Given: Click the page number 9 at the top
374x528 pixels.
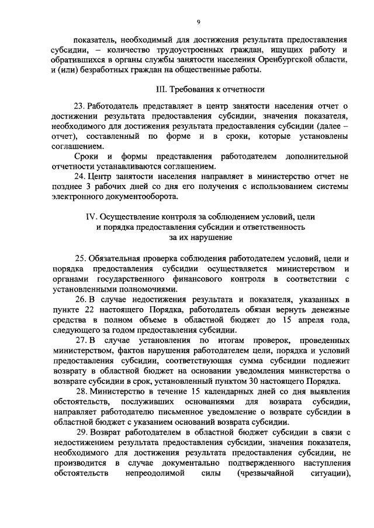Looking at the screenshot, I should (198, 22).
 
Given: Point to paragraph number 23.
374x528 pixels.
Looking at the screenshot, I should (80, 105).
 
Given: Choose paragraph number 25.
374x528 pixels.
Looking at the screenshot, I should (80, 257).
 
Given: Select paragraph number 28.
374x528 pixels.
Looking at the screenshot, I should (80, 389).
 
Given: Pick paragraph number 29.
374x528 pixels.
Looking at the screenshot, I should (80, 432).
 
